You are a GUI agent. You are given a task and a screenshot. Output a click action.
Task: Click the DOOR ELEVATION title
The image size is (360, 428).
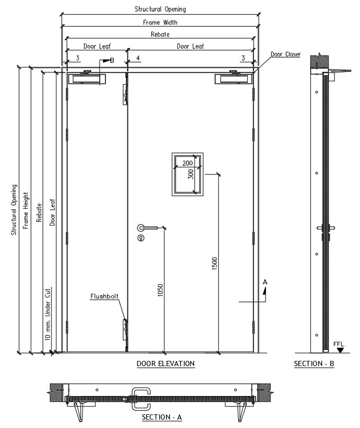click(165, 363)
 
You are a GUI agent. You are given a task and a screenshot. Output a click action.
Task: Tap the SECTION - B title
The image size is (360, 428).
click(314, 363)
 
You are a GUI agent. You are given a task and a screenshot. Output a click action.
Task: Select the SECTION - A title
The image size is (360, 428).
click(162, 417)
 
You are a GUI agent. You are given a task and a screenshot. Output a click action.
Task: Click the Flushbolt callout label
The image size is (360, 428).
click(104, 296)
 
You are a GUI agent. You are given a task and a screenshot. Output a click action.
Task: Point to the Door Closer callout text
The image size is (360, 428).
click(285, 54)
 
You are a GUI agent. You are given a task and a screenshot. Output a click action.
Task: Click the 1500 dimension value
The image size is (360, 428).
click(215, 263)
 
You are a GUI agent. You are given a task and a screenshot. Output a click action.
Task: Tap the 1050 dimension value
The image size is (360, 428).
click(161, 290)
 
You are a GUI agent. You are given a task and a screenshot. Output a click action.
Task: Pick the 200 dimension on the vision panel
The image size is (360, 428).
click(188, 163)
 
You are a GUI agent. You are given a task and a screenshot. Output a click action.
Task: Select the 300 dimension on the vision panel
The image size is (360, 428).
click(190, 174)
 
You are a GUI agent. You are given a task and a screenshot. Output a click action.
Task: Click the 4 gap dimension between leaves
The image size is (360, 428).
click(138, 58)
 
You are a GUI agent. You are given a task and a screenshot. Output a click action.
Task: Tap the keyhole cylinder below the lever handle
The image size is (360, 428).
click(141, 238)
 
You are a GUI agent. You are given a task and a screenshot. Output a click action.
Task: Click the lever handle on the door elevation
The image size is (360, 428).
click(147, 228)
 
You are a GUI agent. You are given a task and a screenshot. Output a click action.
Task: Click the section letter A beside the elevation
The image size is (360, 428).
click(265, 282)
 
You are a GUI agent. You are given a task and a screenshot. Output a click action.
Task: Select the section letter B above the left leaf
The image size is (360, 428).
click(112, 61)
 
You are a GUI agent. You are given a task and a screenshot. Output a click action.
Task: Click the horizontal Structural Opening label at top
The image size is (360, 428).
click(161, 9)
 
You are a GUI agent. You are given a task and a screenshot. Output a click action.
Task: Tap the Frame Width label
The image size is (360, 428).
click(161, 23)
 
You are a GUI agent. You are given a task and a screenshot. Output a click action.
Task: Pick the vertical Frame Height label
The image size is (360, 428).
click(26, 210)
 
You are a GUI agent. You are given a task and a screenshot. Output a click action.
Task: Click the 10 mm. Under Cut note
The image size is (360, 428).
click(48, 314)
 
